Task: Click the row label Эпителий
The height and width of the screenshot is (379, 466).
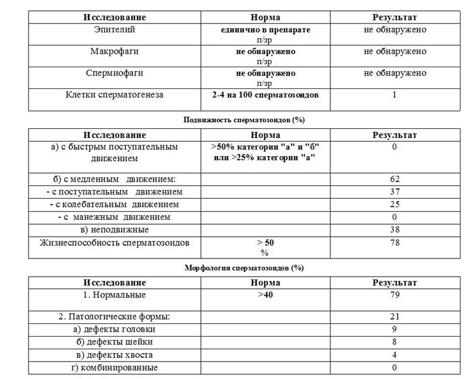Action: (114, 30)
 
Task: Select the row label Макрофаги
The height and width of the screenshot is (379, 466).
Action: (114, 51)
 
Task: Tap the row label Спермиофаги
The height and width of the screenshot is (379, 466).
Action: (114, 73)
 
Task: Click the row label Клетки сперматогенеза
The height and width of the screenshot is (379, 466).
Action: (114, 94)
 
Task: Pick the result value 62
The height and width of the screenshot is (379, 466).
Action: (395, 179)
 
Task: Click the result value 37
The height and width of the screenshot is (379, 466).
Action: (395, 192)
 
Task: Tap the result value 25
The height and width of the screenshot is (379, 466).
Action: (395, 205)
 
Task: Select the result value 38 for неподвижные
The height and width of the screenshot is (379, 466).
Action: (395, 229)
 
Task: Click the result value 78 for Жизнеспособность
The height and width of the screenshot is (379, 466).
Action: (395, 243)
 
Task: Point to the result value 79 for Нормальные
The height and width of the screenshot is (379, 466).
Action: (395, 295)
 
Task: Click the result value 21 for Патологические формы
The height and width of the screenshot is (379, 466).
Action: (395, 317)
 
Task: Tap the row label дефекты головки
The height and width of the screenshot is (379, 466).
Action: (114, 329)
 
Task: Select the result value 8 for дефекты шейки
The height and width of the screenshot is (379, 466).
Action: (395, 342)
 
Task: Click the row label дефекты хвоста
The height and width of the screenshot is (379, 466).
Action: (114, 355)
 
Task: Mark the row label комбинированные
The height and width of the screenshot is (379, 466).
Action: (114, 367)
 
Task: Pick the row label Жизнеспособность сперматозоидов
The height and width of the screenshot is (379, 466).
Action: (114, 243)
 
